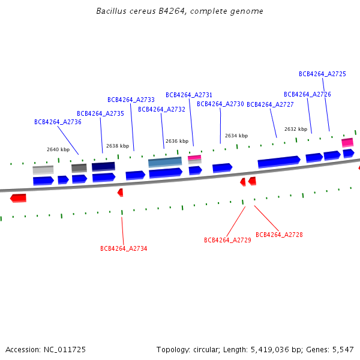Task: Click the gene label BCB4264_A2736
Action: pos(58,122)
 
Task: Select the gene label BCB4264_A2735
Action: pos(100,113)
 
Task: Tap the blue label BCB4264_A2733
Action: pos(131,100)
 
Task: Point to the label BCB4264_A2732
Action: pos(161,109)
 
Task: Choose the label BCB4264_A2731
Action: pos(189,95)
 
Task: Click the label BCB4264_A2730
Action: pos(220,104)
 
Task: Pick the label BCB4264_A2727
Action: pos(270,104)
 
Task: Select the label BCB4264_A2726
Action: pos(307,94)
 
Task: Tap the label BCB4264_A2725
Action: pos(322,74)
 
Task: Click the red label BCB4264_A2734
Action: pos(124,248)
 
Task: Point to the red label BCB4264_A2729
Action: pos(227,240)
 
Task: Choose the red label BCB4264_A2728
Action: pos(279,235)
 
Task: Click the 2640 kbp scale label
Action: pos(58,149)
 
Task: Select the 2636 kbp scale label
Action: pos(177,141)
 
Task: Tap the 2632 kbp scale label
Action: pos(296,129)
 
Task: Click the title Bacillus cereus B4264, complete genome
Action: pos(179,11)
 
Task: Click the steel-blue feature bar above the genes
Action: pos(165,162)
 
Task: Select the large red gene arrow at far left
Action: pos(18,198)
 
